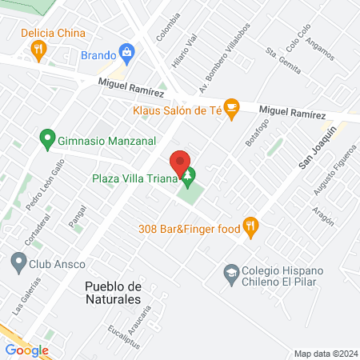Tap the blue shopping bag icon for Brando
point(126,54)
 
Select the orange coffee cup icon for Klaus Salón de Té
point(232,107)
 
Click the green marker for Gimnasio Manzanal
point(47,138)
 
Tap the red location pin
point(182,162)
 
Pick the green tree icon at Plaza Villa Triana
point(189,176)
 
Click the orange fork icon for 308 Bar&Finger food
point(251,227)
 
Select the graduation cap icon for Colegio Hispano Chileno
point(232,274)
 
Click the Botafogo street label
point(255,142)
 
